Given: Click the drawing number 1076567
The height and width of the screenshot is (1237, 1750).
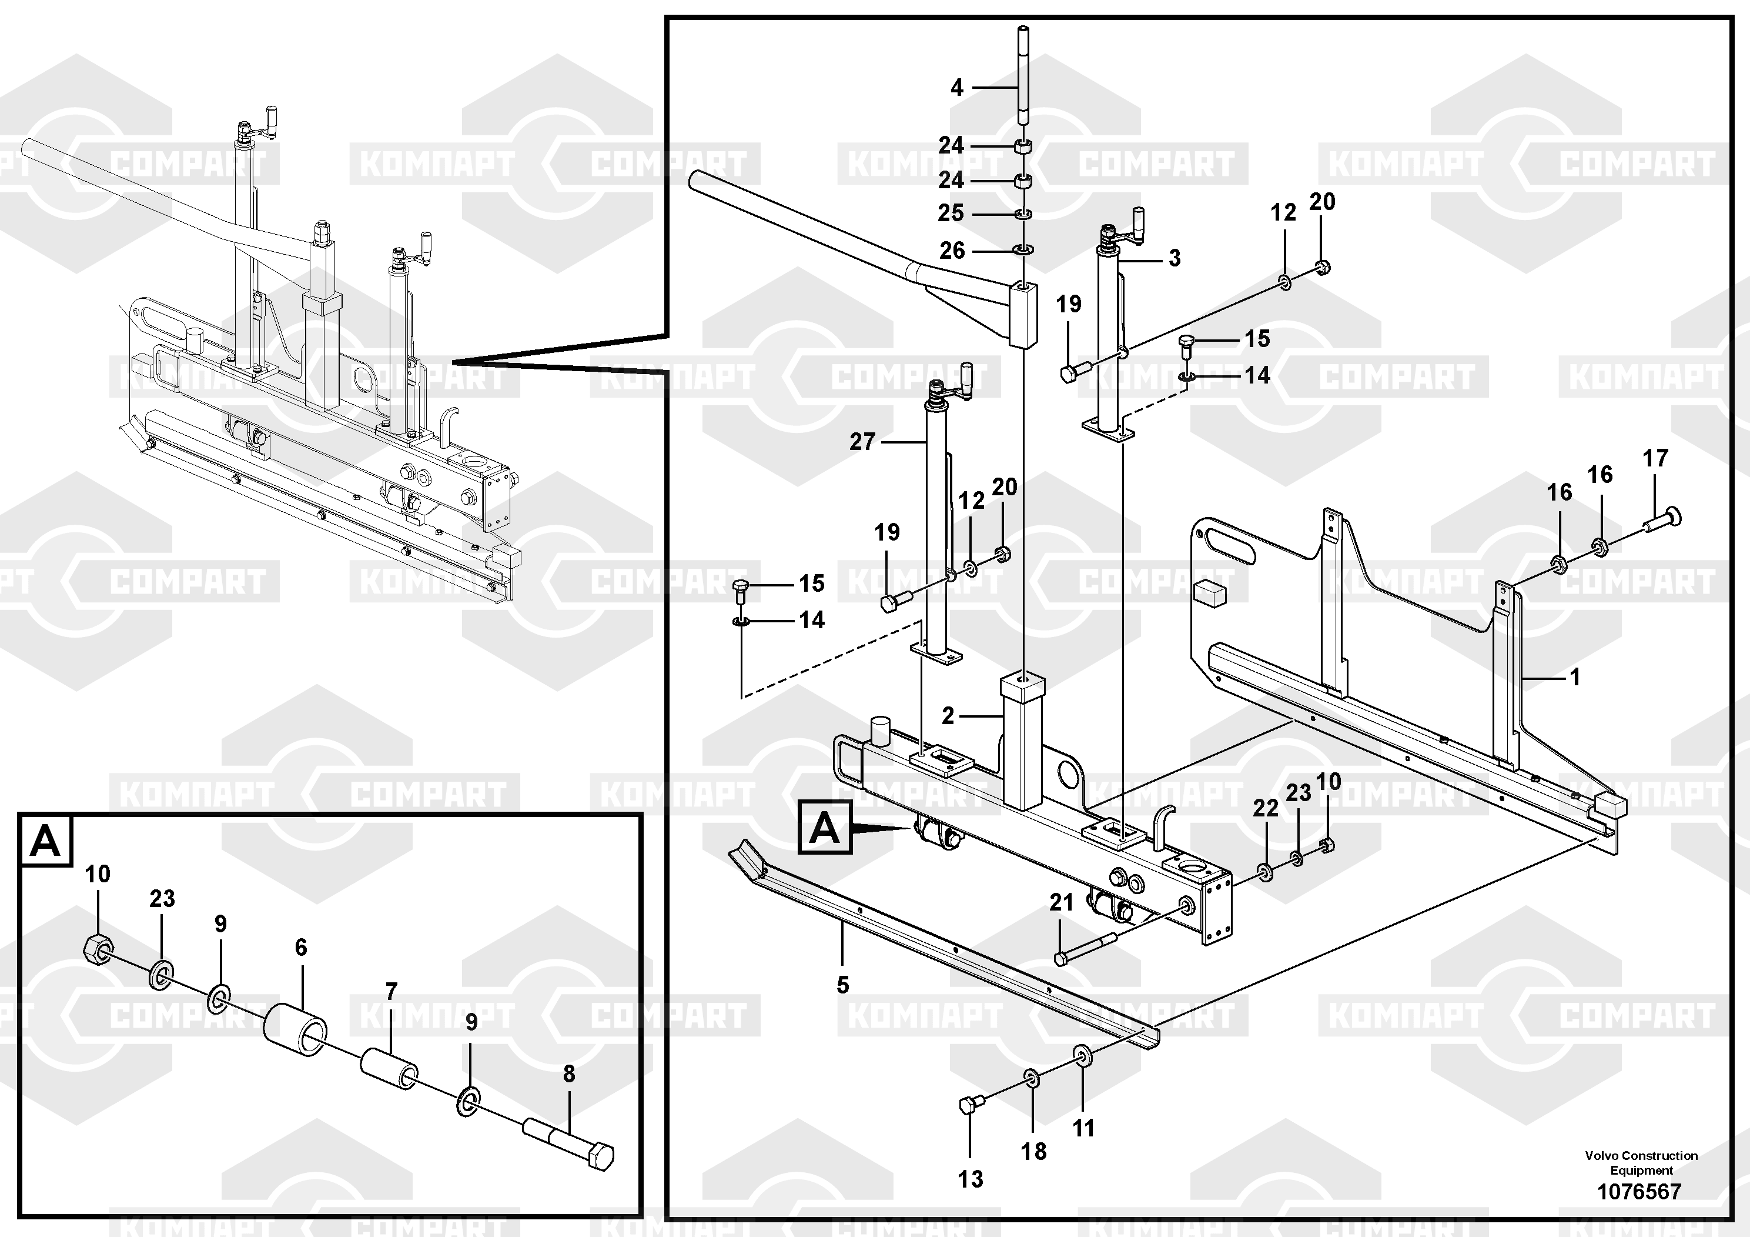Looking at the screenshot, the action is [x=1639, y=1191].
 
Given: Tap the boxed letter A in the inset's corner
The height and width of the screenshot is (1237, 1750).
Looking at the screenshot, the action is [x=46, y=841].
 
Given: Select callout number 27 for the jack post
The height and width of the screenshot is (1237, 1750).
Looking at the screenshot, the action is [x=863, y=442].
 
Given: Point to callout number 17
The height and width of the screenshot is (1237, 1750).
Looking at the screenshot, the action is [x=1655, y=458].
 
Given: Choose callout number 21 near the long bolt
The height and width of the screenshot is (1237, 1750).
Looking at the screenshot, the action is [x=1061, y=902].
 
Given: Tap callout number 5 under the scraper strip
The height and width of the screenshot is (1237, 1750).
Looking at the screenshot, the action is [x=842, y=985].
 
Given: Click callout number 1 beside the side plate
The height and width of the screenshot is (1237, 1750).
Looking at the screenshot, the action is [x=1575, y=676].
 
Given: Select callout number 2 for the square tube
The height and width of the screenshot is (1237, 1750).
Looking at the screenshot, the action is [x=948, y=715].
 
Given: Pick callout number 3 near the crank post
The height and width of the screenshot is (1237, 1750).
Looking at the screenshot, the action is [x=1175, y=258].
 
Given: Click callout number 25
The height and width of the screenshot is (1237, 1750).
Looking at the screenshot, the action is [x=951, y=213].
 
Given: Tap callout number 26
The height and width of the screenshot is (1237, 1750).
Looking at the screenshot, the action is [x=952, y=250].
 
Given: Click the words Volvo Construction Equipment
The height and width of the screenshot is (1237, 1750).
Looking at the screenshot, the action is [x=1641, y=1163].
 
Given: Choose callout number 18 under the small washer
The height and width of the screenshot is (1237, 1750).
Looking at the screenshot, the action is [x=1033, y=1152].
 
